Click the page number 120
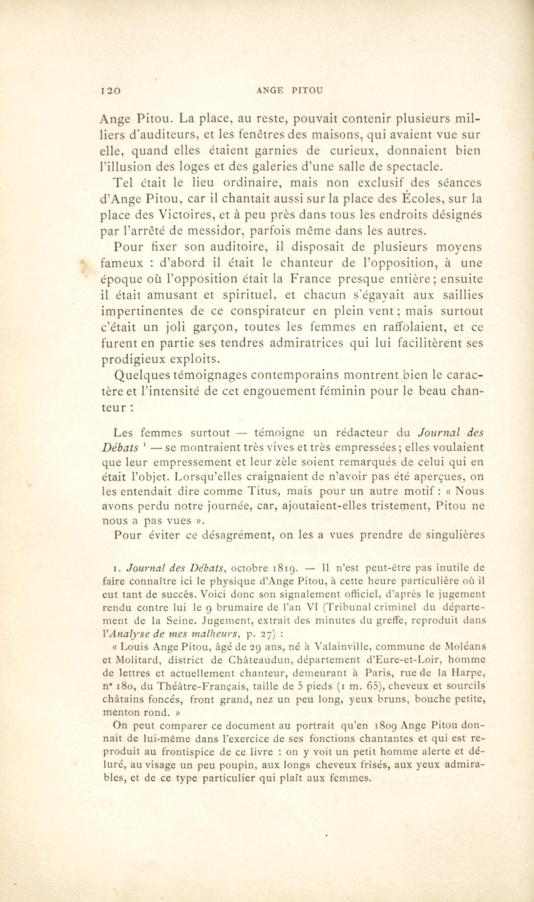(x=111, y=91)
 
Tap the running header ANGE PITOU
(x=289, y=91)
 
